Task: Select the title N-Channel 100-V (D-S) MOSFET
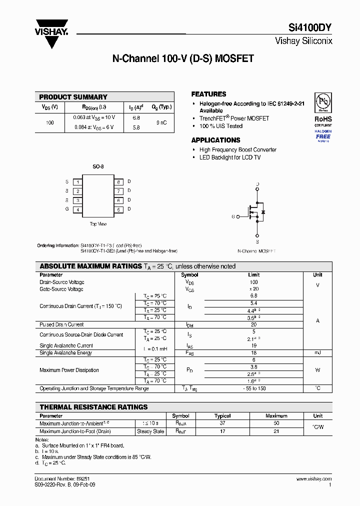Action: [183, 58]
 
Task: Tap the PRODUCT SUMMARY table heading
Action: [73, 97]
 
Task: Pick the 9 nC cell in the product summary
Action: [161, 122]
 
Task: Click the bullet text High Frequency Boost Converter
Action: [237, 150]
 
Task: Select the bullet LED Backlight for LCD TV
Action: [230, 157]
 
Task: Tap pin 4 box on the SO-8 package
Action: [78, 209]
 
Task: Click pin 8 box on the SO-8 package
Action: [118, 182]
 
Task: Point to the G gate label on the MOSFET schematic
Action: [233, 217]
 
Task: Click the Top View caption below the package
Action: [98, 224]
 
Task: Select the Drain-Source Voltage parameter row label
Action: [62, 282]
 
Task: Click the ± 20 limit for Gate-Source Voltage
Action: [253, 289]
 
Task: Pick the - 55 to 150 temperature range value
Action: [253, 388]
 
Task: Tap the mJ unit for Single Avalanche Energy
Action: [317, 353]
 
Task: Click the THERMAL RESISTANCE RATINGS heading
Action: [93, 407]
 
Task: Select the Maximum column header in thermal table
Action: [276, 416]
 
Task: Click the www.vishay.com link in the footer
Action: [313, 479]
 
